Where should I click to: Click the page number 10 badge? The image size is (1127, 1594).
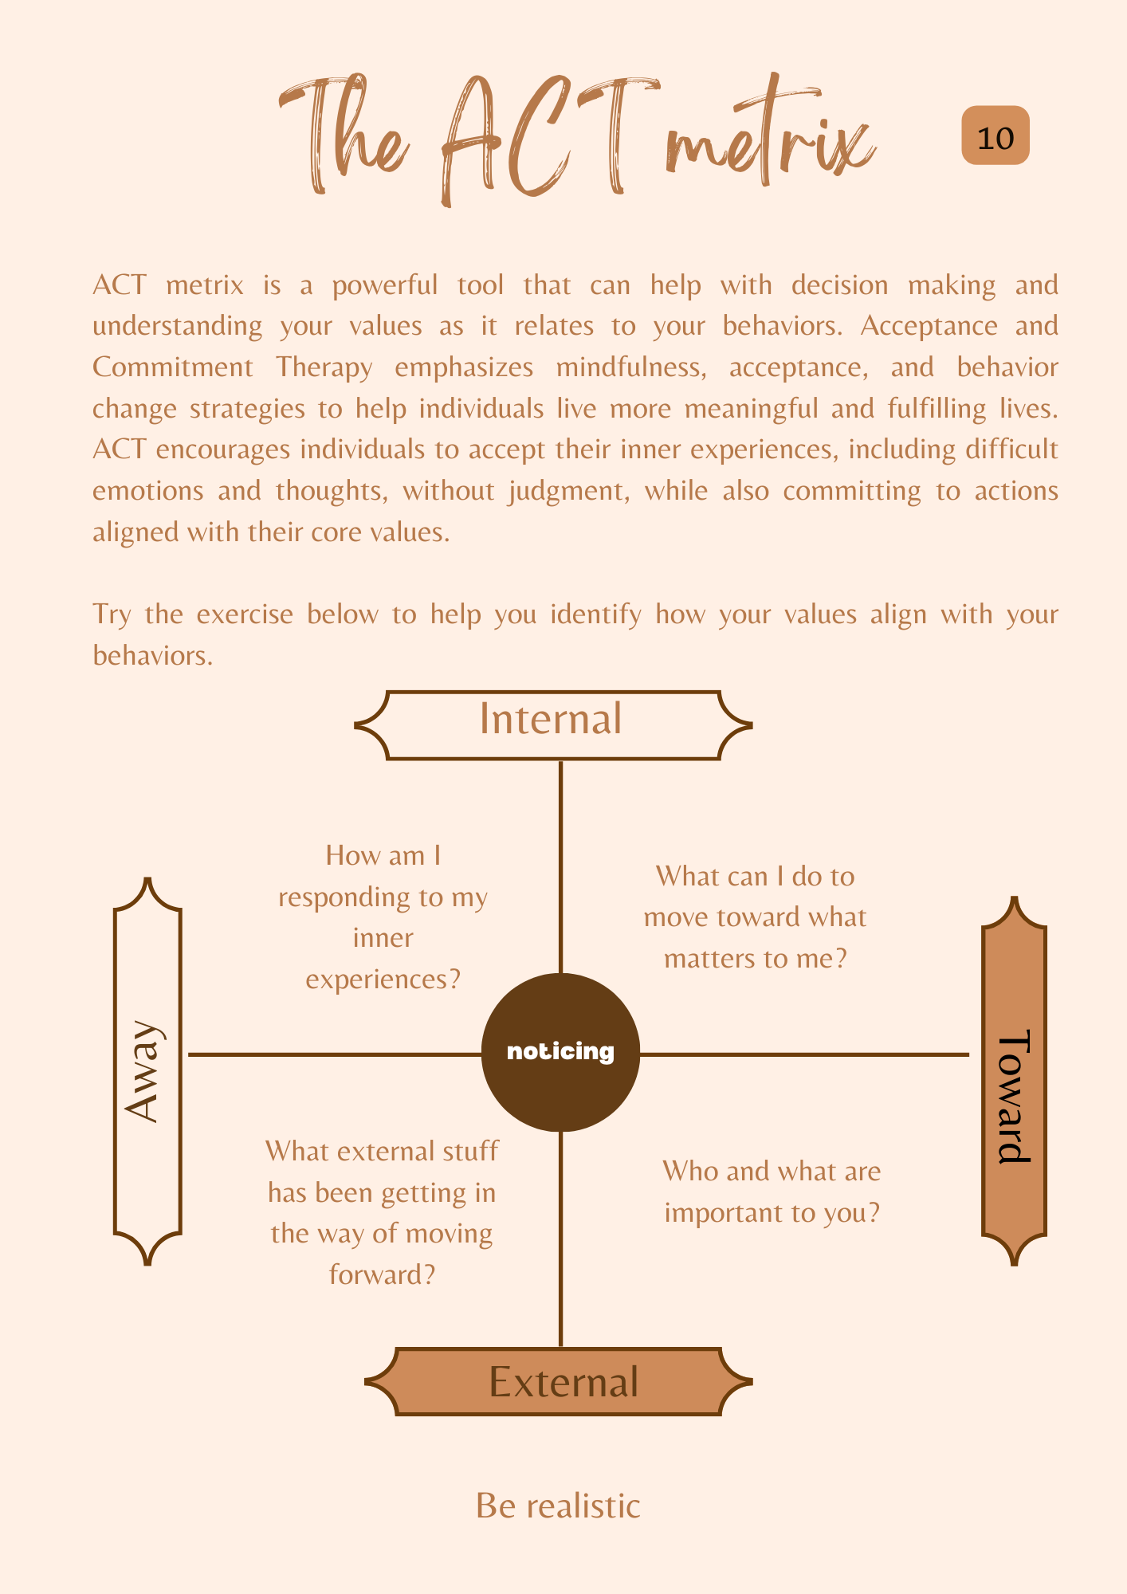pos(995,136)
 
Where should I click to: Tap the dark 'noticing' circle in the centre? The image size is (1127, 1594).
pos(560,1052)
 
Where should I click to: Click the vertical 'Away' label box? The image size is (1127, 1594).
pos(147,1071)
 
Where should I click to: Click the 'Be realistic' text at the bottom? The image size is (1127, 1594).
pos(558,1506)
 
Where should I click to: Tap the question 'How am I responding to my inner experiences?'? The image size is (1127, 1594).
pos(383,917)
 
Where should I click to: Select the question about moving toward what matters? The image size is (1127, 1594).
pos(754,917)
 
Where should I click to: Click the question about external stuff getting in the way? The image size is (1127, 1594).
pos(382,1212)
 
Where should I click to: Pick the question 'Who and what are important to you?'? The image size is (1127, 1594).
pos(772,1192)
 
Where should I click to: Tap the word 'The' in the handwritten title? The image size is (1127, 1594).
pos(343,135)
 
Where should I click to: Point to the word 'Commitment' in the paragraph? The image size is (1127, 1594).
pos(172,367)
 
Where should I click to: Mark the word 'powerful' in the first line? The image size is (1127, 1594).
pos(385,285)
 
